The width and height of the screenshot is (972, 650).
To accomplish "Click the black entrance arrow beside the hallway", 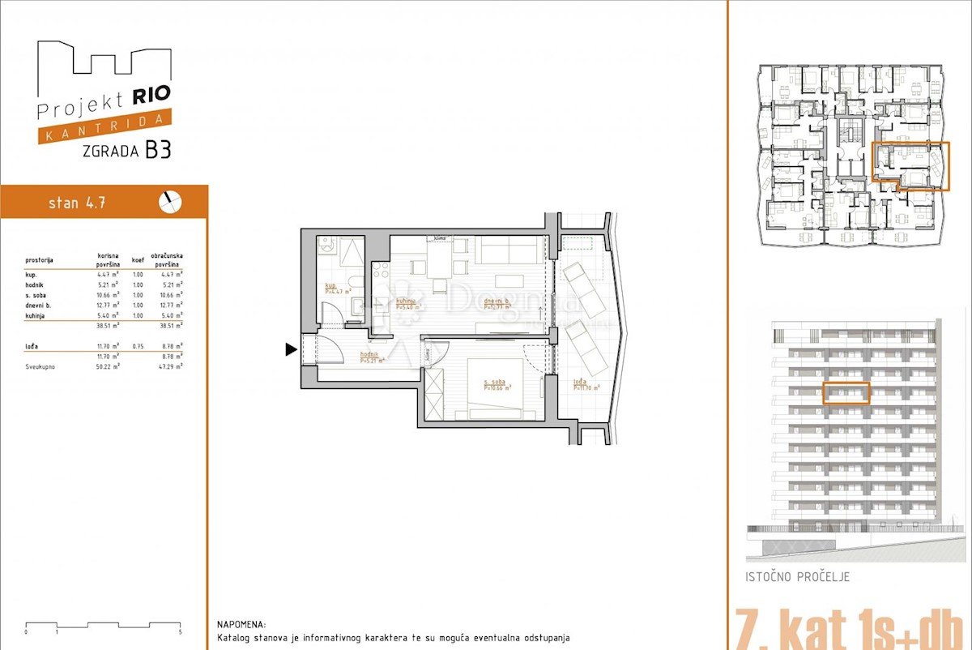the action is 291,350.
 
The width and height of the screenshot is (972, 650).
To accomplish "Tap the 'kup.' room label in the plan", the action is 330,286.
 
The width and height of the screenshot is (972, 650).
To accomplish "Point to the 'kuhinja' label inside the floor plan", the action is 406,301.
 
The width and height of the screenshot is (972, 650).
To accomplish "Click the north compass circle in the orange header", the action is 170,202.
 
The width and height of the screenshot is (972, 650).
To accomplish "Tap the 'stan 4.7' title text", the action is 76,203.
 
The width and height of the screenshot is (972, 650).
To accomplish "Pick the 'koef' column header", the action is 139,260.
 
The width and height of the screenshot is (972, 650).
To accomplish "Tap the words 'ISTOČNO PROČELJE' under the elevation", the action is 798,578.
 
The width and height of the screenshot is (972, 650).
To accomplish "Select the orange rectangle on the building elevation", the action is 846,393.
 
